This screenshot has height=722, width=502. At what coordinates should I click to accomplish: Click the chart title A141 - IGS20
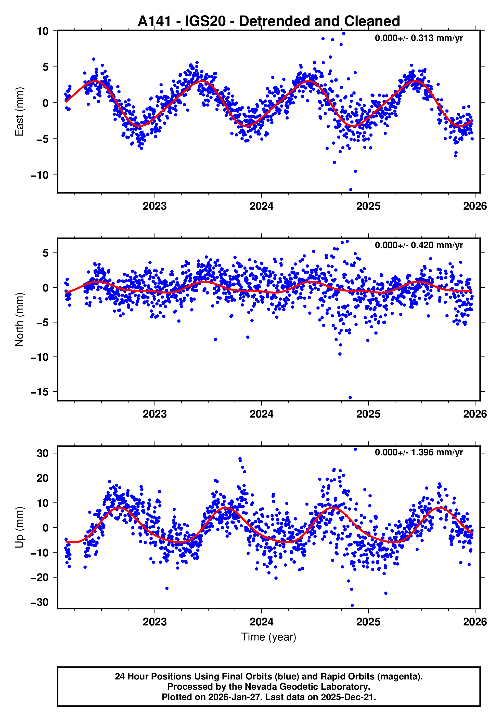pyautogui.click(x=269, y=21)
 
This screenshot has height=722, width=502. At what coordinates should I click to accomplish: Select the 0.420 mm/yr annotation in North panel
pyautogui.click(x=419, y=245)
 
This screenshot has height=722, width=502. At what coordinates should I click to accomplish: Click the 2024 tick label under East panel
pyautogui.click(x=261, y=206)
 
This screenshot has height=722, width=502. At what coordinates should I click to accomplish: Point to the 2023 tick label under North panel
pyautogui.click(x=155, y=414)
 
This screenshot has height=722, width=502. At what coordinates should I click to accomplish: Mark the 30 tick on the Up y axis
pyautogui.click(x=43, y=453)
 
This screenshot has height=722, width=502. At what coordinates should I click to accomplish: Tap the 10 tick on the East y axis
pyautogui.click(x=43, y=31)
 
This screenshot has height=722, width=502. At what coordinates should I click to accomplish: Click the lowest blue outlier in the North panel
pyautogui.click(x=350, y=398)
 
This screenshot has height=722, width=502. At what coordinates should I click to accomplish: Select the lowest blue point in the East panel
pyautogui.click(x=351, y=190)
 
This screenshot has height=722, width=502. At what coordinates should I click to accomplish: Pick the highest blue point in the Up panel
pyautogui.click(x=355, y=449)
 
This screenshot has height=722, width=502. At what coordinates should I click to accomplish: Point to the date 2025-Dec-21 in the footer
pyautogui.click(x=348, y=697)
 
